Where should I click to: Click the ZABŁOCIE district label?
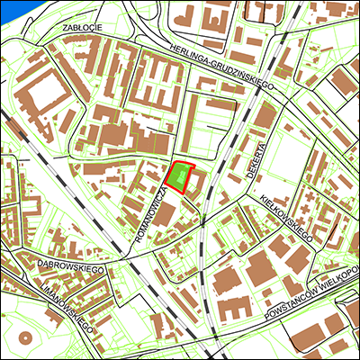[81, 28]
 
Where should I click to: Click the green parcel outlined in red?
[181, 177]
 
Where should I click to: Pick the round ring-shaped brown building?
[22, 341]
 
